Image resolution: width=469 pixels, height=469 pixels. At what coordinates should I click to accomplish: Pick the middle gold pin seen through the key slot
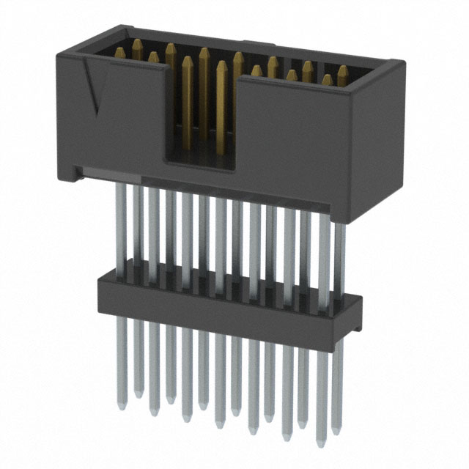pos(204,95)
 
